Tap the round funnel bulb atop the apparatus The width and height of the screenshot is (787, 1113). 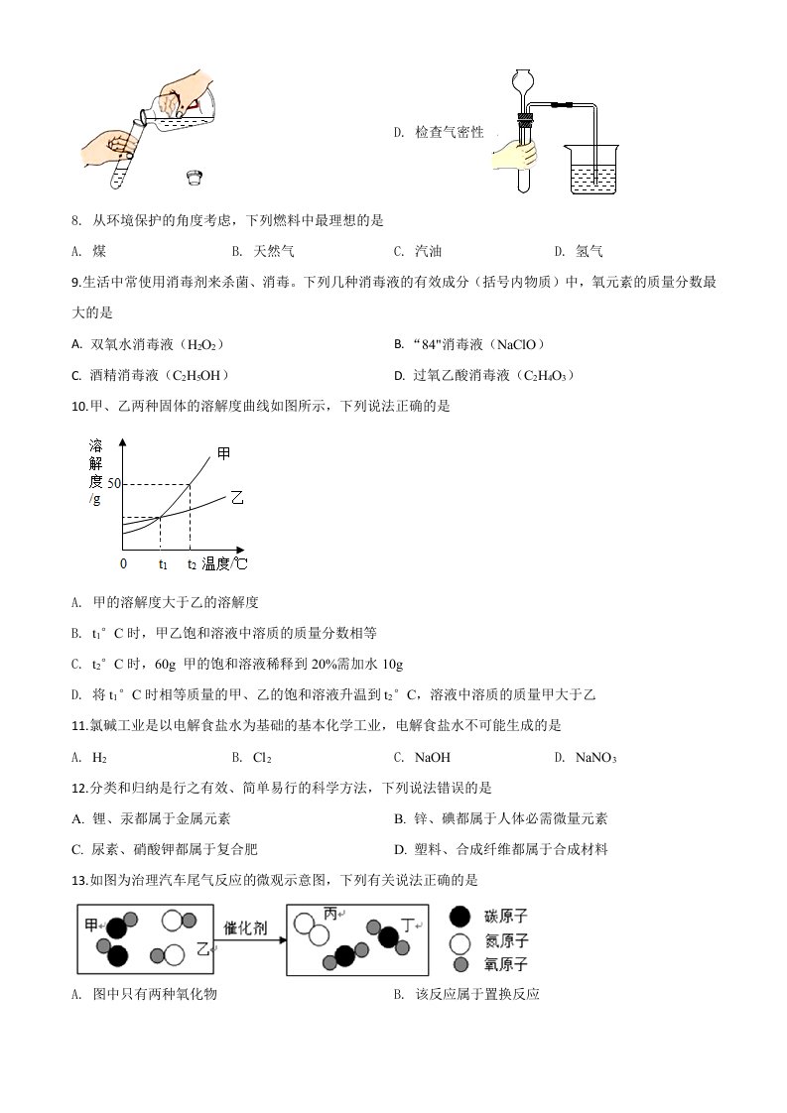tap(523, 82)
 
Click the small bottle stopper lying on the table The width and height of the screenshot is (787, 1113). tap(195, 177)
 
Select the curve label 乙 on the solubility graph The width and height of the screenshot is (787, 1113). tap(236, 497)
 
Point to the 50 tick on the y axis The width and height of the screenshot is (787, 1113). tap(113, 483)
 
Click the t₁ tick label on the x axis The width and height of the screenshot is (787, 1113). tap(163, 564)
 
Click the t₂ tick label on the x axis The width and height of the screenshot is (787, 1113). tap(192, 564)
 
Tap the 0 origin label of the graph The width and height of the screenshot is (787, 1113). tap(123, 563)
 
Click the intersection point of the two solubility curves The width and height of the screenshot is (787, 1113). tap(161, 517)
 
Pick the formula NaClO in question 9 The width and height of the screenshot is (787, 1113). tap(513, 344)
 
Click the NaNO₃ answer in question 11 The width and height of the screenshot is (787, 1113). tap(597, 758)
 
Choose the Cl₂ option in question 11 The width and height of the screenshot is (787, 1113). tap(262, 758)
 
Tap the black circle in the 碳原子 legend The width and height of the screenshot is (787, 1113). tap(459, 918)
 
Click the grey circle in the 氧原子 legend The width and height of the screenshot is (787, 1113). tap(459, 965)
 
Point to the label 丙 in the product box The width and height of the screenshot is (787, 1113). tap(332, 914)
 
